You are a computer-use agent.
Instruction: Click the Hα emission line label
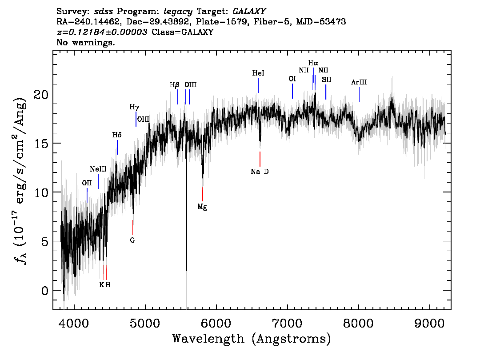click(x=313, y=63)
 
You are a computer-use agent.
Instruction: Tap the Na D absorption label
click(x=260, y=172)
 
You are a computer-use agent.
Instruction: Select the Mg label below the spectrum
click(x=202, y=207)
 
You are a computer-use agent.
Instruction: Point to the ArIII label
click(x=359, y=82)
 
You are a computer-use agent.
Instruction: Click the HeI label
click(x=258, y=73)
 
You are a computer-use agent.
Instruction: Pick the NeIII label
click(x=98, y=169)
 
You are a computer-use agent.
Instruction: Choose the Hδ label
click(x=117, y=135)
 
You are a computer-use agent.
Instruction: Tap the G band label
click(x=132, y=240)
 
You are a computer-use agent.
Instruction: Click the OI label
click(x=292, y=79)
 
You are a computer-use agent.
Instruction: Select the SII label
click(x=327, y=80)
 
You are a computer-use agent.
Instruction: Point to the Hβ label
click(x=174, y=85)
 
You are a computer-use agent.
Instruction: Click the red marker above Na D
click(x=260, y=159)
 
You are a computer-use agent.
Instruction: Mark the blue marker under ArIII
click(x=360, y=95)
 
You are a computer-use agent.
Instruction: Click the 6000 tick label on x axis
click(x=216, y=323)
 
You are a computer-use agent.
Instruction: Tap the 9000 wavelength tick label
click(x=429, y=323)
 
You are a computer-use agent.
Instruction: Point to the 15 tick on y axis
click(x=41, y=144)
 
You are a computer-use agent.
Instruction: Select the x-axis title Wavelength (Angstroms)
click(x=252, y=339)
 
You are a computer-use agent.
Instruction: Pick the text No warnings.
click(x=85, y=42)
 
